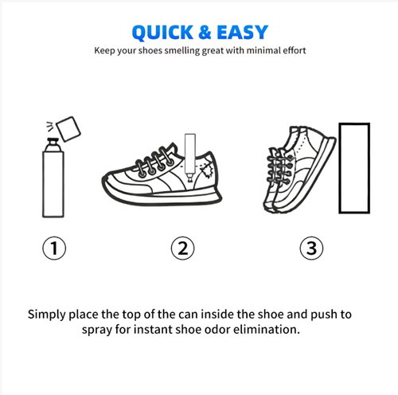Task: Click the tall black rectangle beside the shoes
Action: pyautogui.click(x=354, y=169)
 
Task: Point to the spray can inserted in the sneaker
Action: pyautogui.click(x=189, y=151)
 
